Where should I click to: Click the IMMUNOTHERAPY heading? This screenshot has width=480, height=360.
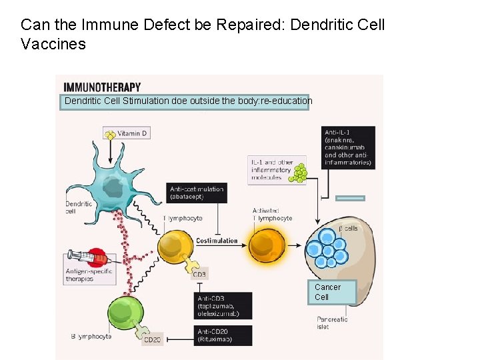(102, 87)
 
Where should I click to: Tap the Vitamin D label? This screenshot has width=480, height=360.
(132, 133)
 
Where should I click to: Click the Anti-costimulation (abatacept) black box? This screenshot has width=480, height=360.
(197, 193)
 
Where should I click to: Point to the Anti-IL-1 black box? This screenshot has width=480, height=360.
(348, 147)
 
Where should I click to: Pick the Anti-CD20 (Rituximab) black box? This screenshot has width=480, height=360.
(224, 335)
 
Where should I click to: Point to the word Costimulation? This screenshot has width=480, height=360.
(217, 241)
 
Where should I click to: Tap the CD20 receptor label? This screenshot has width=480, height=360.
(153, 339)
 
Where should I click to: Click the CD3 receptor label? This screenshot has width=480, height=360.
(199, 274)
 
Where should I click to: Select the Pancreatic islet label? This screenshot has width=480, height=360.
(332, 323)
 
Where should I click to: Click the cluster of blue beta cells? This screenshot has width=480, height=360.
(326, 247)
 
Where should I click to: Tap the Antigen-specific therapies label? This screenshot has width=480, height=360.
(89, 275)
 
